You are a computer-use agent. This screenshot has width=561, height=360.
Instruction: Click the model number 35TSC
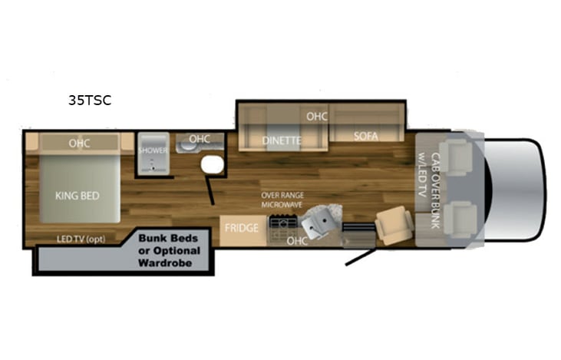[90, 100]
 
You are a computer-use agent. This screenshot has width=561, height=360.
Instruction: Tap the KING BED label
[78, 196]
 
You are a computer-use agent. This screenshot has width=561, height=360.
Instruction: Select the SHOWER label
[153, 150]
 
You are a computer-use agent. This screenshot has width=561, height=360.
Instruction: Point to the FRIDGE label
[241, 228]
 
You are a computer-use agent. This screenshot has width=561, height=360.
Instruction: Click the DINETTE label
[282, 140]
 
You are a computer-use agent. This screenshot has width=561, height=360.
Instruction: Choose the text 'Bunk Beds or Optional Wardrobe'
[169, 249]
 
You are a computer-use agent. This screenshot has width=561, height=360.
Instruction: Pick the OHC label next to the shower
[199, 139]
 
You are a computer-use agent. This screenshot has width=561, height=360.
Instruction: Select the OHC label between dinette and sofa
[317, 117]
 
